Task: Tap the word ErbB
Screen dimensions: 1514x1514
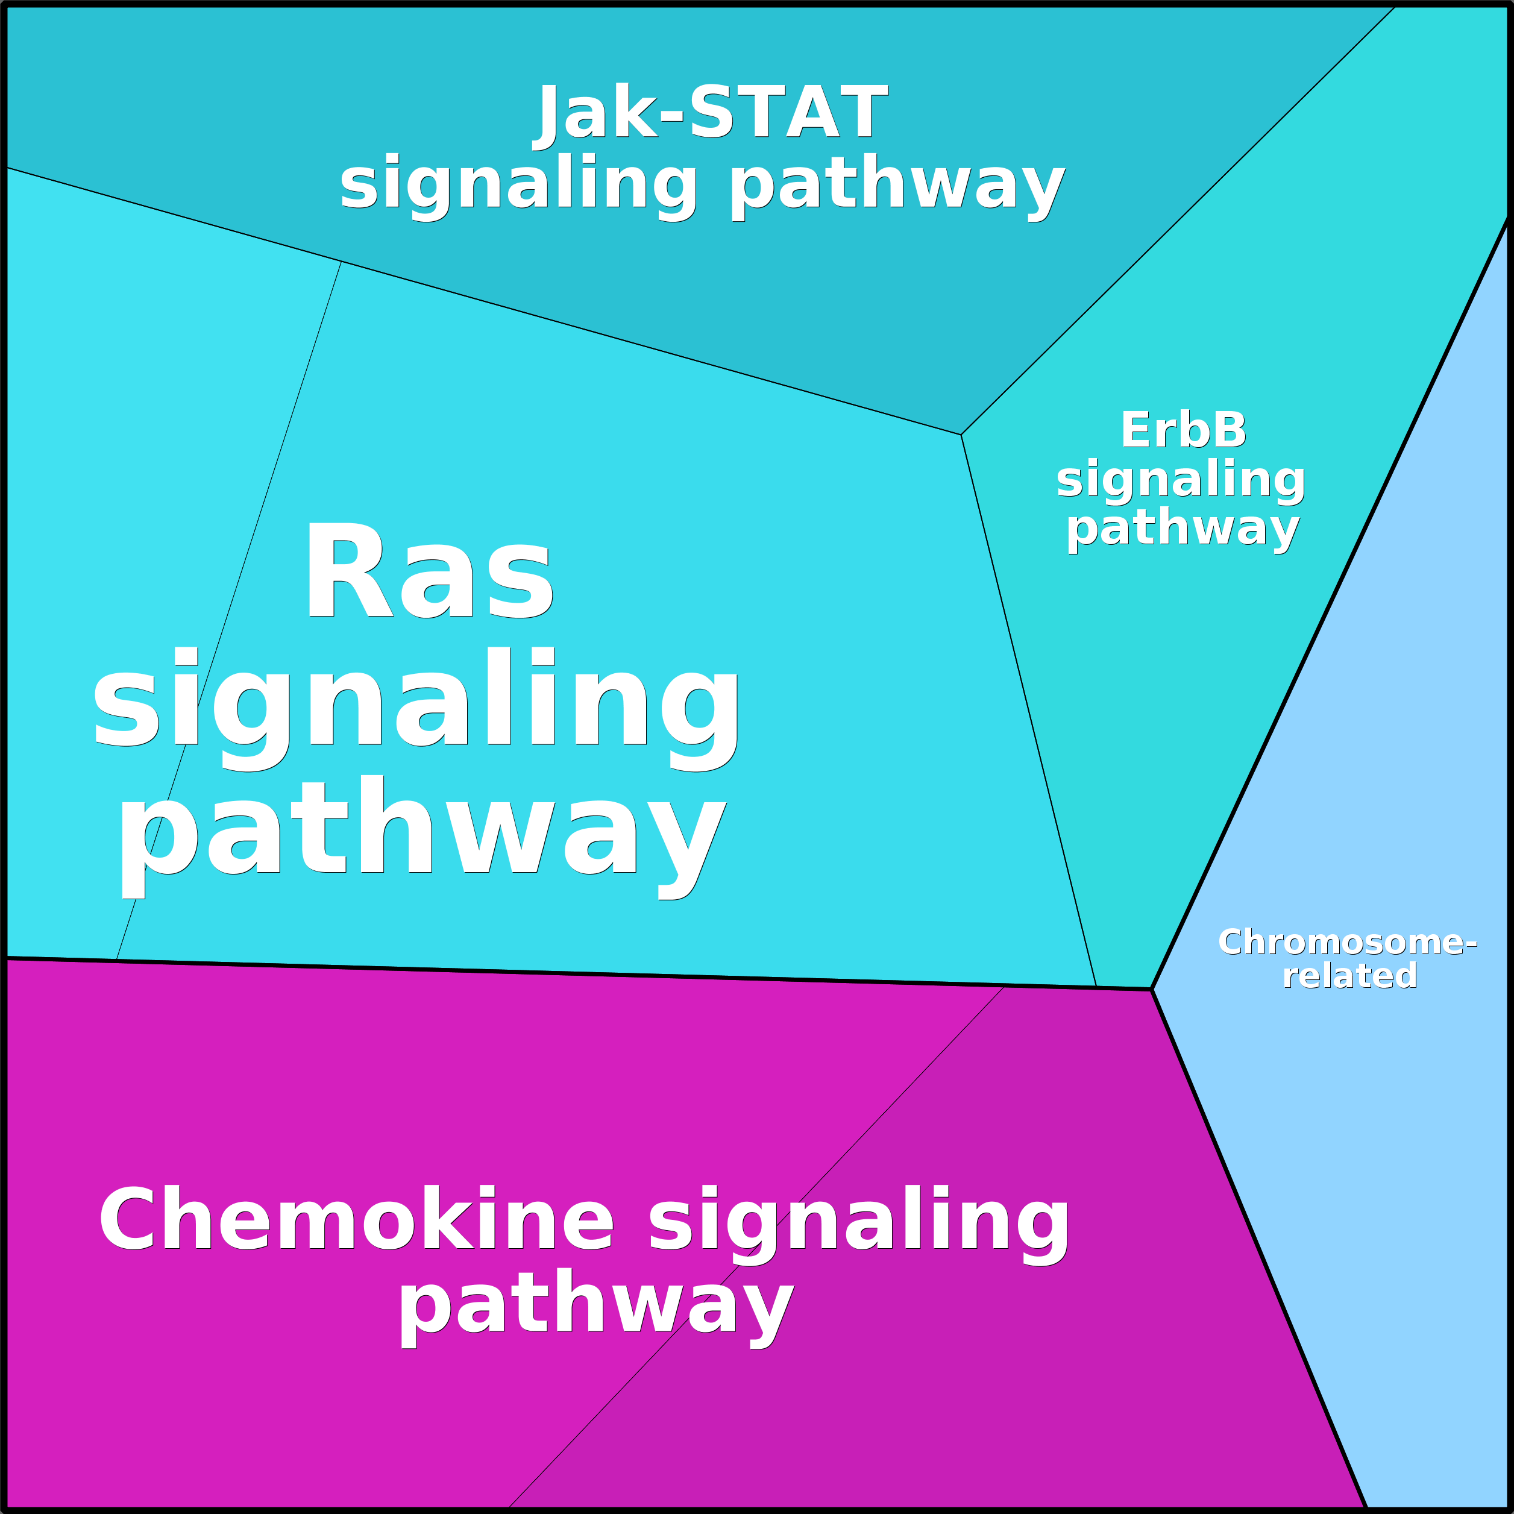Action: pyautogui.click(x=1183, y=430)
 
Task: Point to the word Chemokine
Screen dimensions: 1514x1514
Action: pyautogui.click(x=356, y=1219)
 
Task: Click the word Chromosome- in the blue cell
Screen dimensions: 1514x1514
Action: pyautogui.click(x=1347, y=942)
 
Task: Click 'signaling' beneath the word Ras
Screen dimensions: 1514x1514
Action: pyautogui.click(x=416, y=707)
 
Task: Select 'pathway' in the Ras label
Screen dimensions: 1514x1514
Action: pyautogui.click(x=423, y=835)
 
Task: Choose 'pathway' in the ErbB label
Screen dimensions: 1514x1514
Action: pyautogui.click(x=1183, y=530)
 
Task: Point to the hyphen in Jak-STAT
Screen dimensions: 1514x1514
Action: pyautogui.click(x=671, y=119)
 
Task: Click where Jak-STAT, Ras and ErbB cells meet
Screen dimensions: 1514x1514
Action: pyautogui.click(x=961, y=434)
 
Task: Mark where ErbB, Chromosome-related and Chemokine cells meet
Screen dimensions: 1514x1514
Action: pyautogui.click(x=1151, y=989)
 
